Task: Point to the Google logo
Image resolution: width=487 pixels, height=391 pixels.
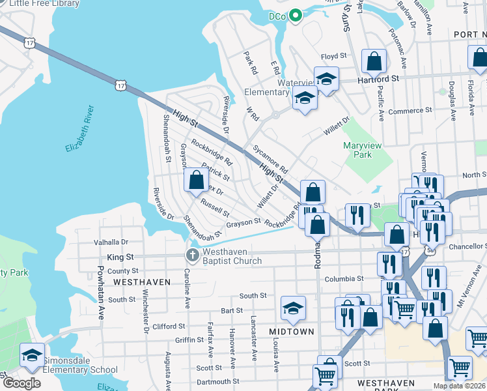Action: tap(21, 383)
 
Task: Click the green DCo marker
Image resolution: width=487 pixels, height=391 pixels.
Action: tap(295, 15)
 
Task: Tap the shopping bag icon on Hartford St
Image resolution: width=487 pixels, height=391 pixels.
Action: tap(374, 62)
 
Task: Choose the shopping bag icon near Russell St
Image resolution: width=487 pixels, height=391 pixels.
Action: tap(196, 180)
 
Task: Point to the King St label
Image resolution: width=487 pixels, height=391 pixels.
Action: tap(120, 257)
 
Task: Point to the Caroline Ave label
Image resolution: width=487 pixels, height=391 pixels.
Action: tap(187, 288)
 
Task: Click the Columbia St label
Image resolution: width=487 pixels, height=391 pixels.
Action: tap(343, 278)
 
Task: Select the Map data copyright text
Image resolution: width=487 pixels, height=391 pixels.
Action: tap(458, 386)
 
